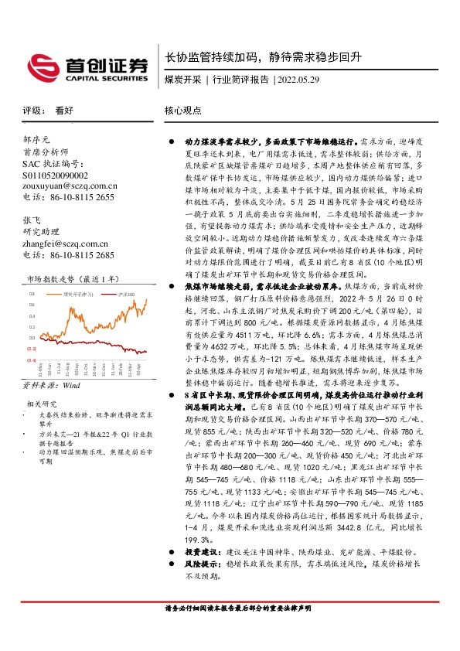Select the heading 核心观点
183,111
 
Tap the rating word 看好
63,111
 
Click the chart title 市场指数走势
50,278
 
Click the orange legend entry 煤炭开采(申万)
78,295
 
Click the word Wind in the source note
72,383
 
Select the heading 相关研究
43,404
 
